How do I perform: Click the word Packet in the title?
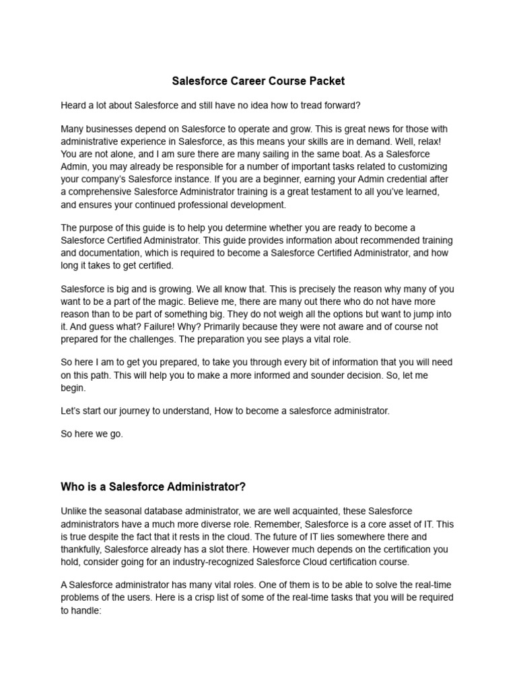pyautogui.click(x=326, y=81)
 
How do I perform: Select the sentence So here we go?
pyautogui.click(x=92, y=434)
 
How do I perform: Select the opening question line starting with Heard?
pyautogui.click(x=211, y=105)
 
